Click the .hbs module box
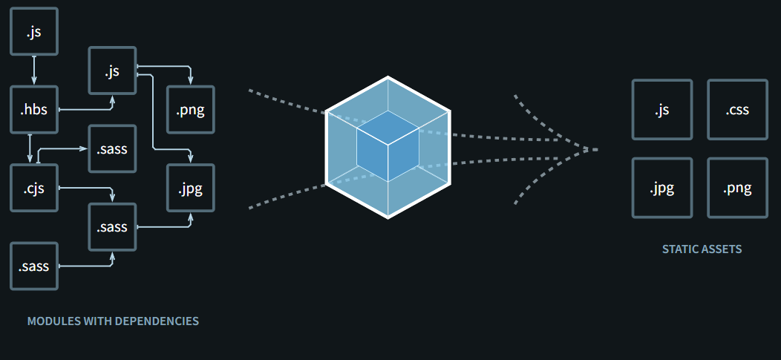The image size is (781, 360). (x=34, y=110)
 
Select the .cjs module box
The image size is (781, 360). (x=34, y=188)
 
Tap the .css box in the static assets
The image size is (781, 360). (x=737, y=110)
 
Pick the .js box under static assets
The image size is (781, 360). (x=661, y=110)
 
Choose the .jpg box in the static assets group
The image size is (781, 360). (x=661, y=188)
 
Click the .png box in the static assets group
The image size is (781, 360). (x=737, y=188)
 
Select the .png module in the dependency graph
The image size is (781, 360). (x=191, y=111)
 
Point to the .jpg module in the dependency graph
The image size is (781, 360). (x=191, y=188)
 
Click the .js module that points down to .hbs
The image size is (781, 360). (x=34, y=31)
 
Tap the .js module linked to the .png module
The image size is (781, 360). (x=112, y=71)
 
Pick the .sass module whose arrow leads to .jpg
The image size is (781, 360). (x=112, y=226)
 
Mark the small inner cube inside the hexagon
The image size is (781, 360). (x=388, y=146)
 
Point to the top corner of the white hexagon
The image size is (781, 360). (x=388, y=77)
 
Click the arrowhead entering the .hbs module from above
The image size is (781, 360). (x=34, y=82)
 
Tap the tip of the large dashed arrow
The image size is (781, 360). (x=595, y=149)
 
